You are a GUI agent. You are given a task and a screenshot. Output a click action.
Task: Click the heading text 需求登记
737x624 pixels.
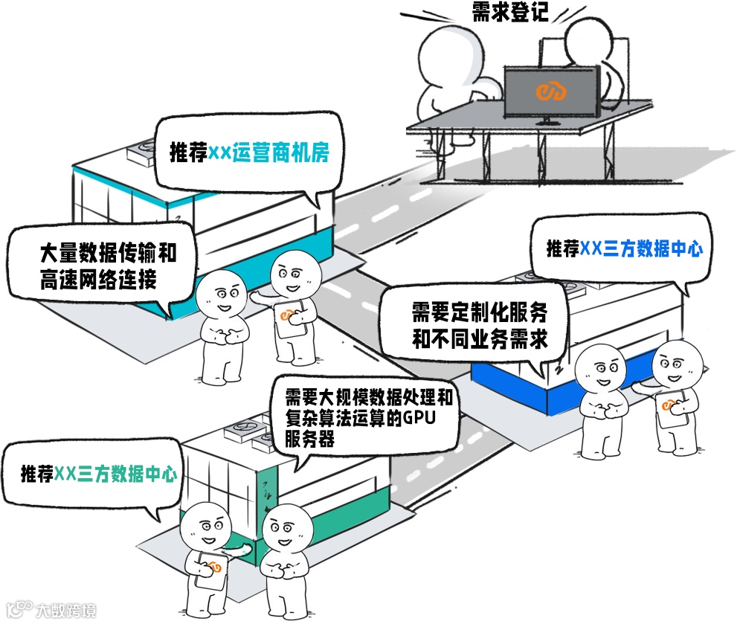[x=510, y=12]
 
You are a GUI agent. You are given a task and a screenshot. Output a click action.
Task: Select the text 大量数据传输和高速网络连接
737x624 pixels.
[x=108, y=266]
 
